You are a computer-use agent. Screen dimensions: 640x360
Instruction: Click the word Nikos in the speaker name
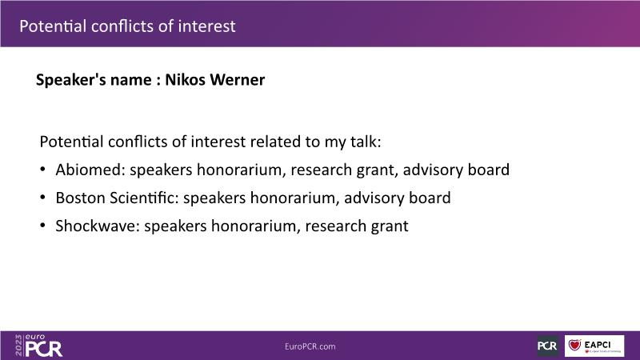coord(186,79)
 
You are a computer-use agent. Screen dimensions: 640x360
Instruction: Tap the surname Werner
coord(238,79)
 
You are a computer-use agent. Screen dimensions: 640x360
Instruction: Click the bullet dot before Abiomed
coord(43,170)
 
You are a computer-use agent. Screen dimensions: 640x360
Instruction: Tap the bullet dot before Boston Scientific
coord(43,198)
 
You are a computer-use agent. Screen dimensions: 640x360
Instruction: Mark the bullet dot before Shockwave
coord(43,226)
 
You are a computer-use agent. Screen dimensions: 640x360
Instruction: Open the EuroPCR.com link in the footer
coord(310,346)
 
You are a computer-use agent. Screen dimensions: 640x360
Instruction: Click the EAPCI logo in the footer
coord(594,346)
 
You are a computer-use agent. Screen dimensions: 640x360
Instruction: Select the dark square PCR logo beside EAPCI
coord(548,346)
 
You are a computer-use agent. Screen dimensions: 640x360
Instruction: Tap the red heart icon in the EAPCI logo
coord(574,346)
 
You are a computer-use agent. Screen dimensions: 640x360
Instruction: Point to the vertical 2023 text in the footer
coord(18,346)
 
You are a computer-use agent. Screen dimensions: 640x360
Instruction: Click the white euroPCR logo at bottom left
coord(43,346)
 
